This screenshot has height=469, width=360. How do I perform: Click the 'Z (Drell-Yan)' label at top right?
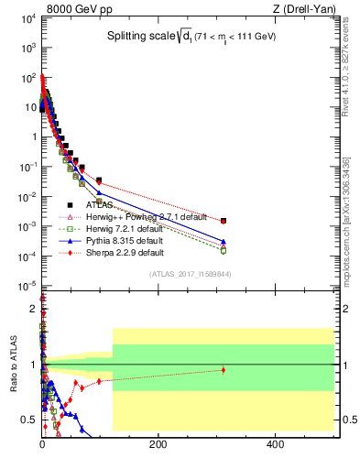click(x=304, y=10)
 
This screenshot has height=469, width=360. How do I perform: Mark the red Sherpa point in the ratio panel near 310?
click(x=223, y=370)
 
